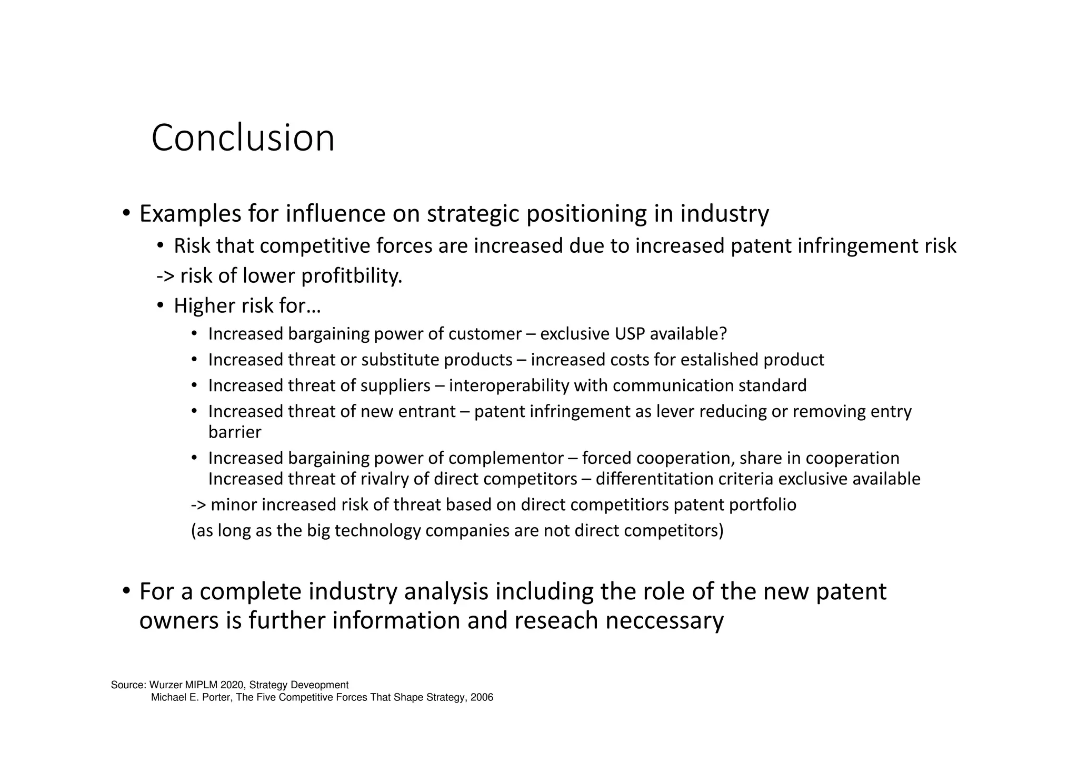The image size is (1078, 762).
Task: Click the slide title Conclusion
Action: [x=243, y=138]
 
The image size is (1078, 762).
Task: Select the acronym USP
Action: [x=630, y=334]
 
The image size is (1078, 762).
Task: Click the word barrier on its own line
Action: [x=235, y=432]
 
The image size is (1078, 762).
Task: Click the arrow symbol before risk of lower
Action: [x=165, y=276]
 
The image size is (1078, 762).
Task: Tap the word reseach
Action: [x=556, y=620]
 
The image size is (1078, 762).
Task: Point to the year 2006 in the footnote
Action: [x=482, y=698]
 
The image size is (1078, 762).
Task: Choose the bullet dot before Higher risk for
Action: [x=161, y=305]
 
